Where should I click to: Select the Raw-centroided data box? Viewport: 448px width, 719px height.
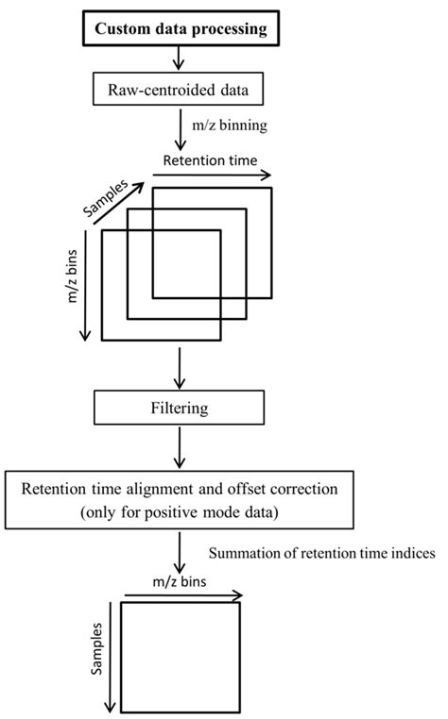176,90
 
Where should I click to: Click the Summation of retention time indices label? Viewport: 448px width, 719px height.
321,554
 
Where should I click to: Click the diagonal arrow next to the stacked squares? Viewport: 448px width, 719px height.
119,207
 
